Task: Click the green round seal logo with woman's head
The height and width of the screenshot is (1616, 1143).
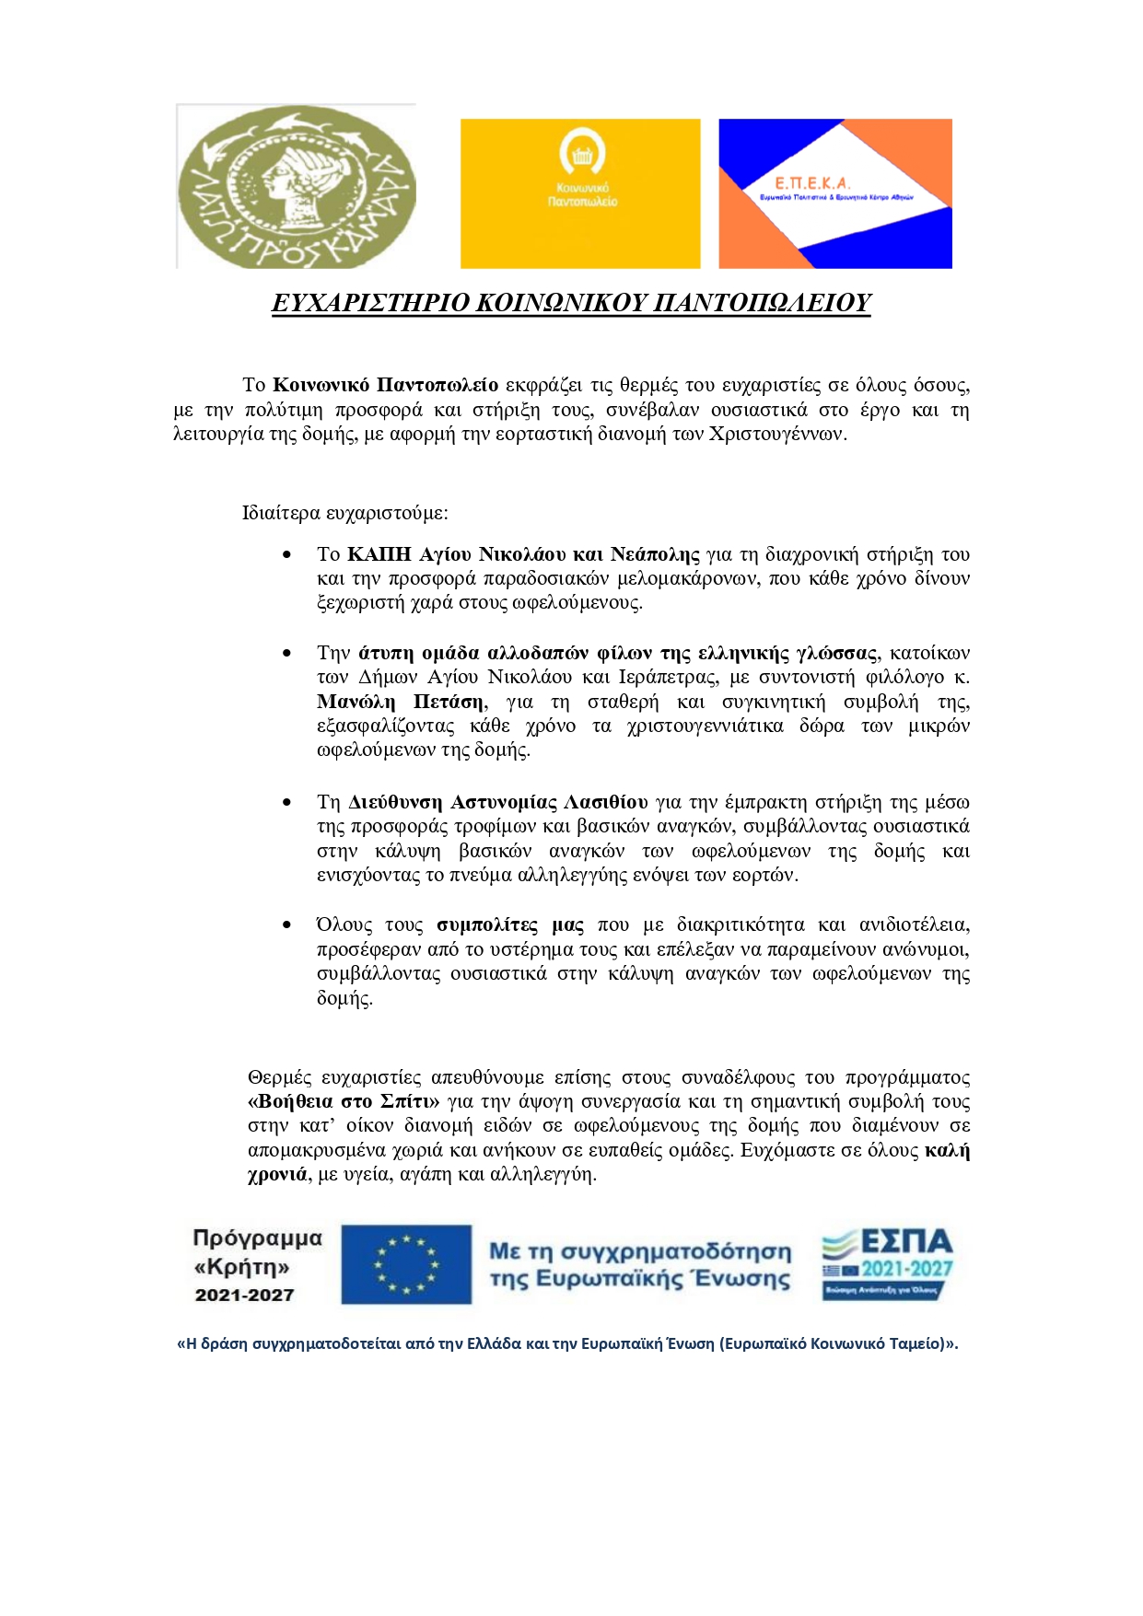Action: click(296, 187)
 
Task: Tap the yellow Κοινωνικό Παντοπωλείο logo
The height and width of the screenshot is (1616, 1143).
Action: click(580, 193)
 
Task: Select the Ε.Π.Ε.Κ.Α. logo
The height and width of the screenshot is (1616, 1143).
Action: click(834, 193)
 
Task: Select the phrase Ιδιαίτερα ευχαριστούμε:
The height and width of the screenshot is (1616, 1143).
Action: click(345, 512)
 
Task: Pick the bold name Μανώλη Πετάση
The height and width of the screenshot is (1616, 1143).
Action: click(401, 702)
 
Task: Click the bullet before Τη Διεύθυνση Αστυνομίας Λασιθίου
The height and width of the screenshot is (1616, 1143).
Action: click(287, 803)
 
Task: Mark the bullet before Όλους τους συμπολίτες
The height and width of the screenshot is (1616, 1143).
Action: click(287, 925)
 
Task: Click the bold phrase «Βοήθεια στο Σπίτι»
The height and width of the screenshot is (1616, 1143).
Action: click(344, 1101)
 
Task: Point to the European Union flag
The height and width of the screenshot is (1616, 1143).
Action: click(406, 1264)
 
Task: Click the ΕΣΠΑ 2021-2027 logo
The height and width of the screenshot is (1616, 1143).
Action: click(887, 1264)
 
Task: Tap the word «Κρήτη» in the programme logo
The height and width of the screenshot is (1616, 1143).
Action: click(242, 1267)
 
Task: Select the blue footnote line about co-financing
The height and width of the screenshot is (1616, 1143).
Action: click(567, 1343)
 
